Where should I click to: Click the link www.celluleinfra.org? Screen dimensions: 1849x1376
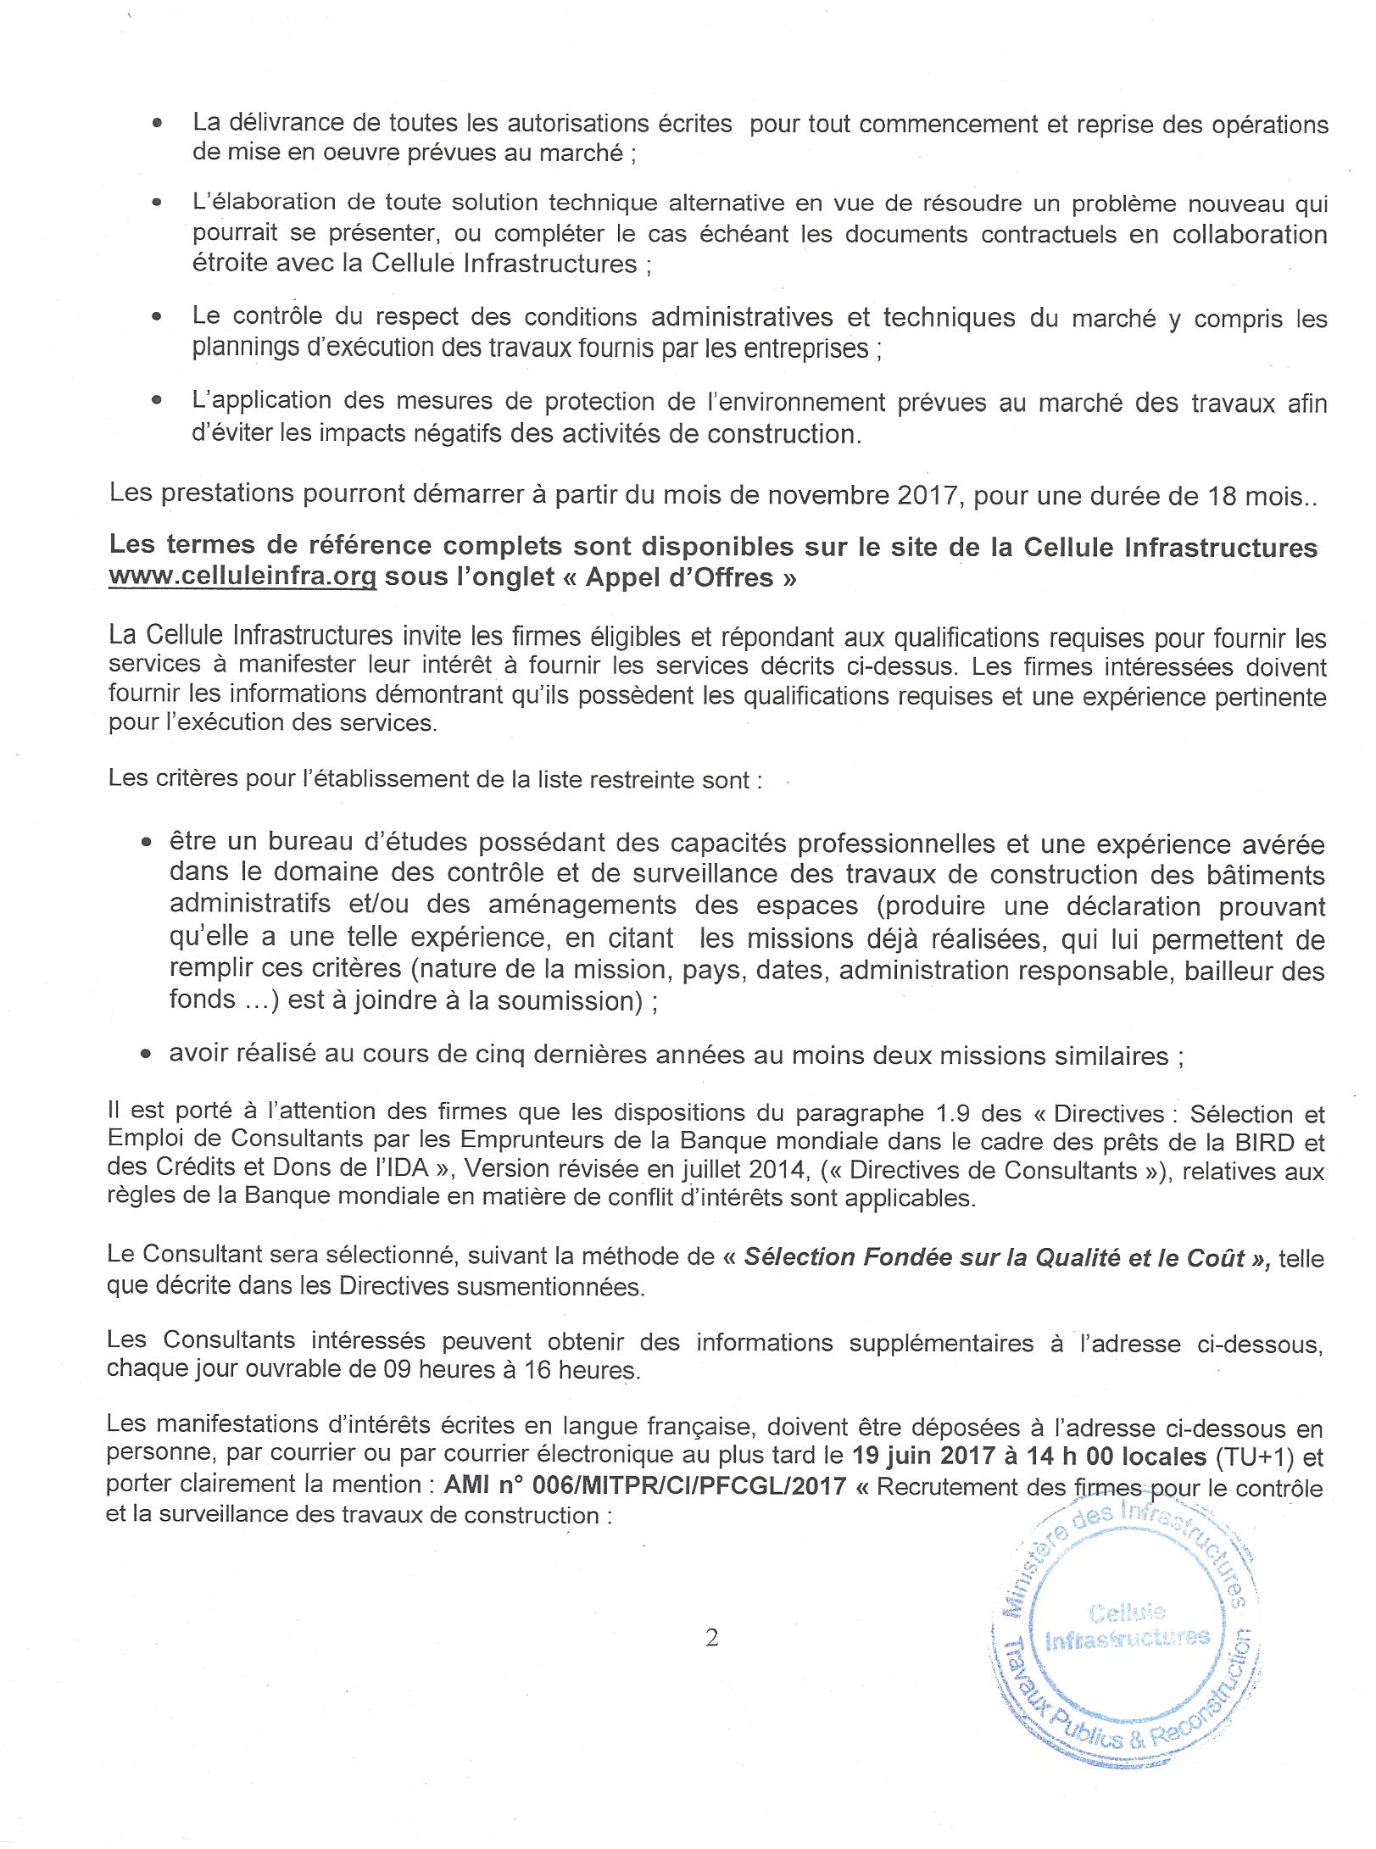242,577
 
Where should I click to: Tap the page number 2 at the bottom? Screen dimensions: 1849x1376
711,1638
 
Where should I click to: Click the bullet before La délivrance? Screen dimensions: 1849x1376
157,124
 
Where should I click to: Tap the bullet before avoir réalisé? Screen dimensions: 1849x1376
147,1055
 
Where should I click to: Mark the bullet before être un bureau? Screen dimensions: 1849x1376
147,844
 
